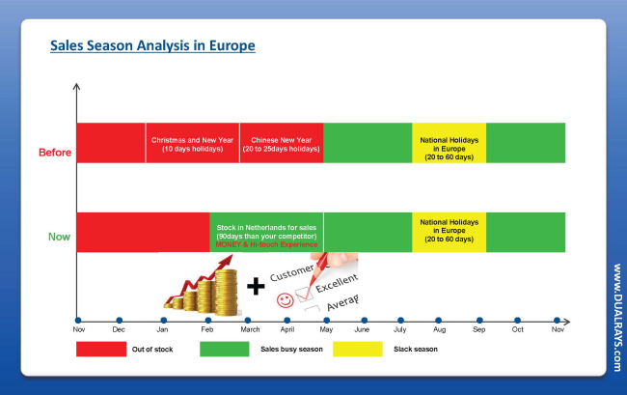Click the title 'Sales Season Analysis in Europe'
pyautogui.click(x=152, y=45)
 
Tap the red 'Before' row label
pyautogui.click(x=55, y=153)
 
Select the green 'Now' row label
pyautogui.click(x=59, y=237)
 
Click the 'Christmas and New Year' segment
pyautogui.click(x=192, y=143)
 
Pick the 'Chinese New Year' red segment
pyautogui.click(x=282, y=143)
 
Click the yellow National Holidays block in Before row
pyautogui.click(x=450, y=143)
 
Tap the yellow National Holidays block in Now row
pyautogui.click(x=450, y=232)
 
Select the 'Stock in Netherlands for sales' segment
pyautogui.click(x=266, y=232)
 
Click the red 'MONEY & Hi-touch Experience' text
pyautogui.click(x=266, y=244)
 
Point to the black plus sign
pyautogui.click(x=256, y=286)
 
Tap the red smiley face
pyautogui.click(x=286, y=300)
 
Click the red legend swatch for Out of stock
pyautogui.click(x=101, y=349)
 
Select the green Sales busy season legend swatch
pyautogui.click(x=225, y=349)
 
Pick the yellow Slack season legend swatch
pyautogui.click(x=358, y=349)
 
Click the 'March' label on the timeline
pyautogui.click(x=250, y=329)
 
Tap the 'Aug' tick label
pyautogui.click(x=439, y=329)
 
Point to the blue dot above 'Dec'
pyautogui.click(x=120, y=321)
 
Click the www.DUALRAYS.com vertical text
pyautogui.click(x=617, y=318)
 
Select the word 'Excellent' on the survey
pyautogui.click(x=337, y=283)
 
